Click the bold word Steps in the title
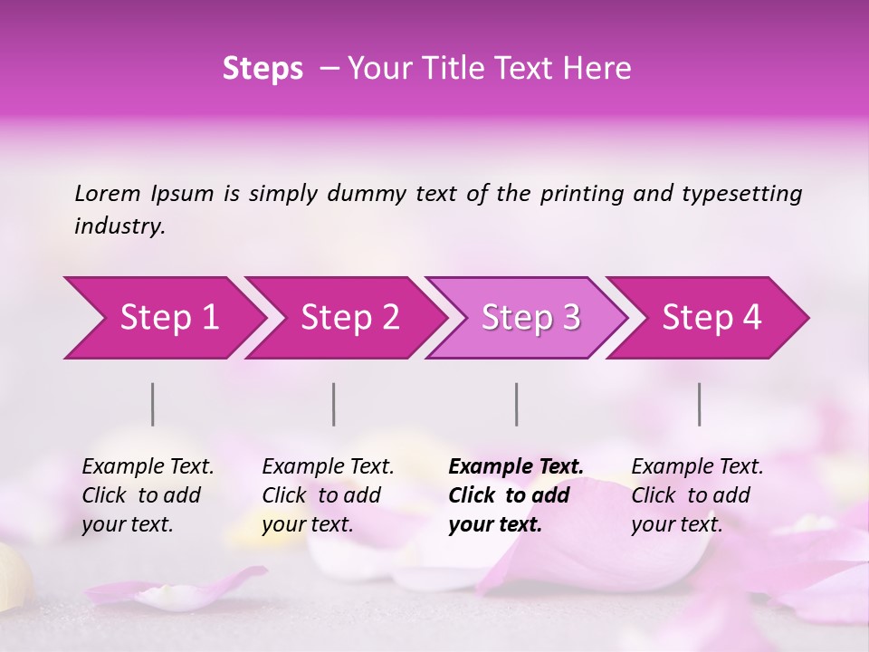point(263,69)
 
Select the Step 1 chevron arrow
point(163,318)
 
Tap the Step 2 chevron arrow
point(347,318)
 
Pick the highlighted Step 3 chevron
point(528,318)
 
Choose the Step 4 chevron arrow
point(709,318)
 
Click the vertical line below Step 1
point(153,404)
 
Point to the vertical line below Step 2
point(334,404)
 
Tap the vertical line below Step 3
point(517,404)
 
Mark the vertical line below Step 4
point(700,404)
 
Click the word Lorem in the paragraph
point(108,194)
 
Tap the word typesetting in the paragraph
point(741,194)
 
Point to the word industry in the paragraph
point(119,226)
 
